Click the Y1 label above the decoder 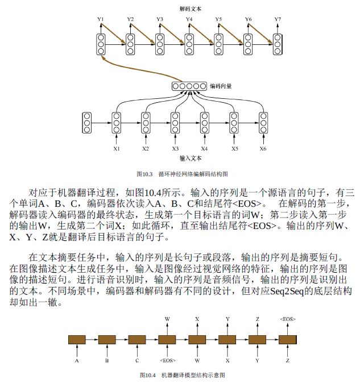[101, 20]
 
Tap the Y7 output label [278, 20]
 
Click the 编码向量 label [221, 86]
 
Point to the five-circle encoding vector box [189, 86]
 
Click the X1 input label [116, 148]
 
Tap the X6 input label [263, 148]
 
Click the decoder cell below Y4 [189, 44]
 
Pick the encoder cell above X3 [175, 122]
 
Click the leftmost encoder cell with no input [87, 122]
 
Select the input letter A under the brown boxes [77, 360]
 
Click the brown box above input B [107, 340]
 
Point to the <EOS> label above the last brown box [288, 319]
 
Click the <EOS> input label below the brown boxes [167, 360]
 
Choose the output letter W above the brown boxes [167, 319]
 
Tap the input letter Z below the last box [288, 360]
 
